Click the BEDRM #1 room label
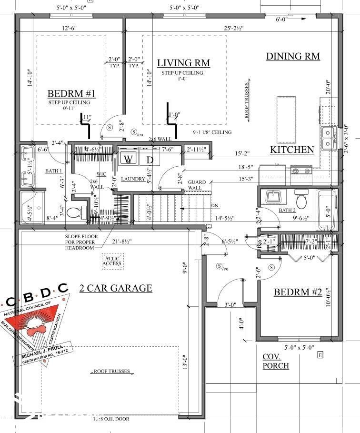[71, 93]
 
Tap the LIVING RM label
[183, 63]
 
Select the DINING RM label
[292, 56]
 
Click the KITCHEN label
[292, 150]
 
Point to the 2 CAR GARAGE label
[116, 288]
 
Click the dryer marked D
[150, 159]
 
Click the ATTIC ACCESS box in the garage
[112, 261]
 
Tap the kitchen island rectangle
[286, 119]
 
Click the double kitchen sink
[328, 137]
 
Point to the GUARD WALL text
[197, 185]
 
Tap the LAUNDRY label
[132, 179]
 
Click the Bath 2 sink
[273, 196]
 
